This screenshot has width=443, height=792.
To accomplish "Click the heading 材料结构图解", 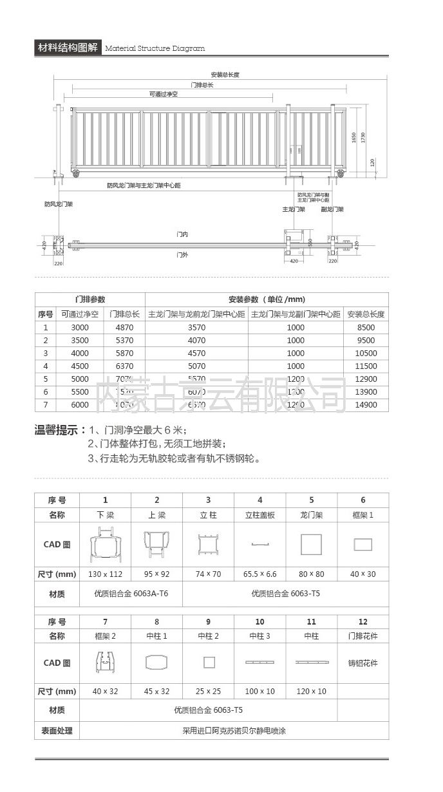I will pyautogui.click(x=68, y=48).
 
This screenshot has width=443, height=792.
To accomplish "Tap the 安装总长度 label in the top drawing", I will pyautogui.click(x=225, y=75).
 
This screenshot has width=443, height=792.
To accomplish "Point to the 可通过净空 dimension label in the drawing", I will pyautogui.click(x=163, y=94).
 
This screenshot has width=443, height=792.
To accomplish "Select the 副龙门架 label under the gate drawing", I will pyautogui.click(x=332, y=210).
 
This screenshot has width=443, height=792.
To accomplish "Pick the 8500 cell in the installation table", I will pyautogui.click(x=366, y=328).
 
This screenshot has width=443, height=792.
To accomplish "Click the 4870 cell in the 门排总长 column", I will pyautogui.click(x=124, y=328).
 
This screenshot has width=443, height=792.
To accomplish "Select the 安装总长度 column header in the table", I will pyautogui.click(x=366, y=314).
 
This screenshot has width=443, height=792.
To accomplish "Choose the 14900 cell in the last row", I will pyautogui.click(x=366, y=405).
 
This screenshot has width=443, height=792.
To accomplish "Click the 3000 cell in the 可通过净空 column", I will pyautogui.click(x=80, y=328).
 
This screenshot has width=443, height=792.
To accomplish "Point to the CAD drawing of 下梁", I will pyautogui.click(x=105, y=545).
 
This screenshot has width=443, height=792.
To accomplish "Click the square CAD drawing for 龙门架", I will pyautogui.click(x=311, y=545).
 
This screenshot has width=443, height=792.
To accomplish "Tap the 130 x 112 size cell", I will pyautogui.click(x=105, y=574).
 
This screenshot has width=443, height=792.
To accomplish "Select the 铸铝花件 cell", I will pyautogui.click(x=363, y=663).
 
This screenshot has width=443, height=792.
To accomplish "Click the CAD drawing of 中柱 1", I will pyautogui.click(x=156, y=663).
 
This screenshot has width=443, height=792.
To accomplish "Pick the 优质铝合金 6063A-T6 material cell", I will pyautogui.click(x=131, y=594).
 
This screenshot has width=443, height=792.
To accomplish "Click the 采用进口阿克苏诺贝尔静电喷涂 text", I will pyautogui.click(x=234, y=731).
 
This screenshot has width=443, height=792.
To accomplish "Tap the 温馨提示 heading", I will pyautogui.click(x=59, y=430).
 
